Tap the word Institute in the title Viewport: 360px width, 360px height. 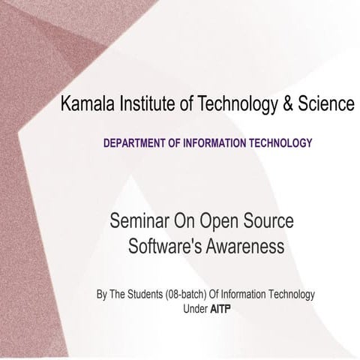(x=143, y=105)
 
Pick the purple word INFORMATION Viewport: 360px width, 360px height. (x=221, y=142)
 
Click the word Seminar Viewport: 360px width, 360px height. (x=137, y=223)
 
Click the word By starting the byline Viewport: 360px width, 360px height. (x=102, y=294)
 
